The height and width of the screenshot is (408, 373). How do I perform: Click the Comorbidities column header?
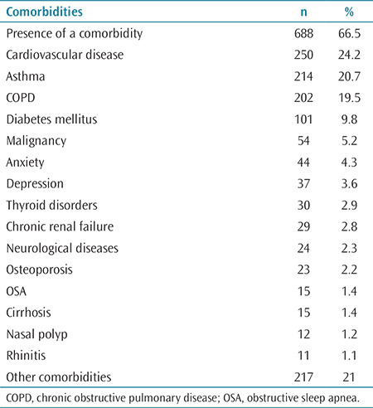45,12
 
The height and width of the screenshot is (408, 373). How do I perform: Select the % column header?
349,12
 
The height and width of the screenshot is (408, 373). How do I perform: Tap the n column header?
303,12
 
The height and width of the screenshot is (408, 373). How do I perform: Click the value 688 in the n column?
303,33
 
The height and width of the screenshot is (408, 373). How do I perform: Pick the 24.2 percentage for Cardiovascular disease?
349,55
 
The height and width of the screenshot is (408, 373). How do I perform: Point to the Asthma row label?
26,76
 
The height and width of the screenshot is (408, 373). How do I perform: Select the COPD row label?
21,98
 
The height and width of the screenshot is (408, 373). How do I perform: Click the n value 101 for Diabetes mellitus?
303,119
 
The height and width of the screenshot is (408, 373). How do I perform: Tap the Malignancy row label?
36,141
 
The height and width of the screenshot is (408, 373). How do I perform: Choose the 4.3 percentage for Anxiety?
349,163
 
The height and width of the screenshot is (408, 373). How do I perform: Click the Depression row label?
35,184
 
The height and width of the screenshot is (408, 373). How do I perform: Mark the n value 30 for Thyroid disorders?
303,206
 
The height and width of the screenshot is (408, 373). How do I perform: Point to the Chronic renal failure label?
60,226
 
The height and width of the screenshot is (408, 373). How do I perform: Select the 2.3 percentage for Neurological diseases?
349,248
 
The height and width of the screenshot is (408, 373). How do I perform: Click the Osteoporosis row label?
39,270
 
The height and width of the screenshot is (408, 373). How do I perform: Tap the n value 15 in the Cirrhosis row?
303,313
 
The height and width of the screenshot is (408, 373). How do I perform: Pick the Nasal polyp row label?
36,334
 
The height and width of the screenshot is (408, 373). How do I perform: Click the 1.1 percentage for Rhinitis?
349,356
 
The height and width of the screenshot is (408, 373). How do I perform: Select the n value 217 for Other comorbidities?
303,377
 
